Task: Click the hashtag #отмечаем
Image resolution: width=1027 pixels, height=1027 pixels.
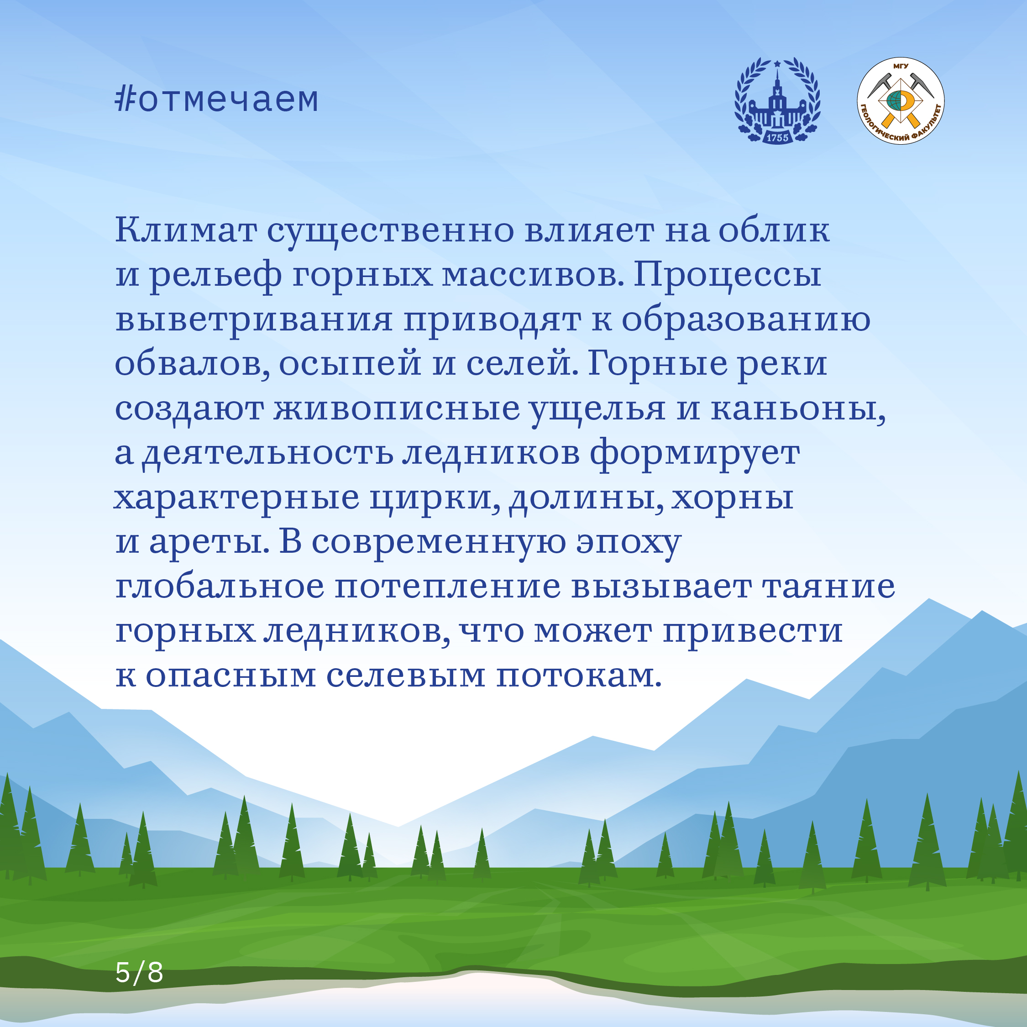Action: (217, 99)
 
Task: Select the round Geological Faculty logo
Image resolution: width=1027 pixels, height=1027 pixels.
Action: (901, 101)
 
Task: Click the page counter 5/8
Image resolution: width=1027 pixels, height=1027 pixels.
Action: (139, 972)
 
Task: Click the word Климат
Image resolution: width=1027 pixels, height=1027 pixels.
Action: (186, 230)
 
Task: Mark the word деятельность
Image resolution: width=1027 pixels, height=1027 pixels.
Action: (268, 453)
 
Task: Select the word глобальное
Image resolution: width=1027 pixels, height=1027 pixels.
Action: (220, 587)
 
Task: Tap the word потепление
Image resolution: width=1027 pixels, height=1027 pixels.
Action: (448, 587)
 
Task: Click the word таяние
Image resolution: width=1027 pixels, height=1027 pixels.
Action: (829, 587)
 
